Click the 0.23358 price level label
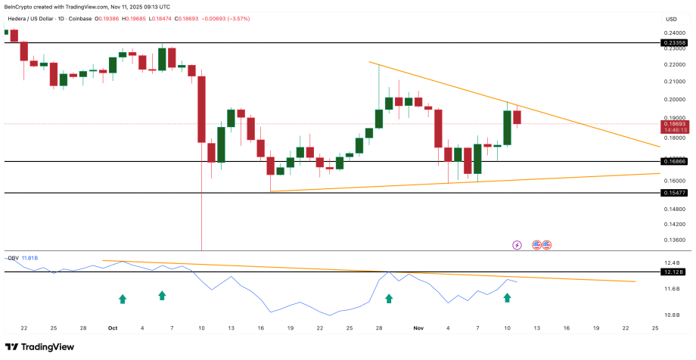pyautogui.click(x=675, y=44)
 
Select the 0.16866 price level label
pyautogui.click(x=675, y=162)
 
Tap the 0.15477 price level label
pyautogui.click(x=675, y=194)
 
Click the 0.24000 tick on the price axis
pyautogui.click(x=675, y=33)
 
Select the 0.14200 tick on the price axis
pyautogui.click(x=675, y=225)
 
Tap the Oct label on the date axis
pyautogui.click(x=113, y=328)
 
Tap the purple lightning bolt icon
pyautogui.click(x=517, y=245)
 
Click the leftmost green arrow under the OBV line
pyautogui.click(x=123, y=299)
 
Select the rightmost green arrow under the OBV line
pyautogui.click(x=507, y=298)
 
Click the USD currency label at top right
pyautogui.click(x=670, y=19)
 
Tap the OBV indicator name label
pyautogui.click(x=12, y=258)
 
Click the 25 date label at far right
pyautogui.click(x=655, y=328)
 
